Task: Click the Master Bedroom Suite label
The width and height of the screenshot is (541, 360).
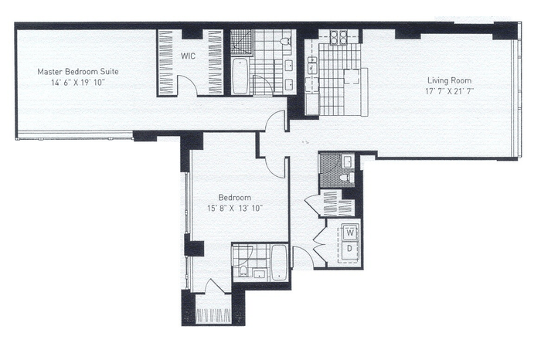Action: tap(78, 72)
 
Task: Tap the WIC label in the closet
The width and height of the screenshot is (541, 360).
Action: tap(188, 56)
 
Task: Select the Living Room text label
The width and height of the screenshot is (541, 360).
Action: tap(449, 80)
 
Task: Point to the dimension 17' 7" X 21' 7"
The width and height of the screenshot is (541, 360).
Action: tap(449, 91)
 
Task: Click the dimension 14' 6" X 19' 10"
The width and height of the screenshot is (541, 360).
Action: tap(77, 83)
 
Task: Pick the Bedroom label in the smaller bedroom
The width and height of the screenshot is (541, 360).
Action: tap(235, 198)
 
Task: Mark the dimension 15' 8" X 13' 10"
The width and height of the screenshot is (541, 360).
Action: tap(235, 209)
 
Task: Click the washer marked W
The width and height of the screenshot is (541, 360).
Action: tap(350, 233)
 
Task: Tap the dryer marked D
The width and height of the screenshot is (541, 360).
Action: tap(350, 248)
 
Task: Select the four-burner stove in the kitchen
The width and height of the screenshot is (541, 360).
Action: tap(339, 37)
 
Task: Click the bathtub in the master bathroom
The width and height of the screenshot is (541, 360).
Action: tap(240, 76)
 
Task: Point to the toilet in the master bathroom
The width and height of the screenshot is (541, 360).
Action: tap(286, 42)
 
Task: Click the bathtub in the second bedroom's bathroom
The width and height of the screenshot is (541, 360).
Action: tap(279, 263)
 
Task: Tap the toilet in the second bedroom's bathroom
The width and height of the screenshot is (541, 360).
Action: tap(243, 270)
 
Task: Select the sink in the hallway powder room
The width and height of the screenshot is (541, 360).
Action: tap(347, 161)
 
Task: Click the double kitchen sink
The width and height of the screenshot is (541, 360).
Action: tap(312, 65)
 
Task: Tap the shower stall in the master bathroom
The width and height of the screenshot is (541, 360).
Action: tap(241, 42)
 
